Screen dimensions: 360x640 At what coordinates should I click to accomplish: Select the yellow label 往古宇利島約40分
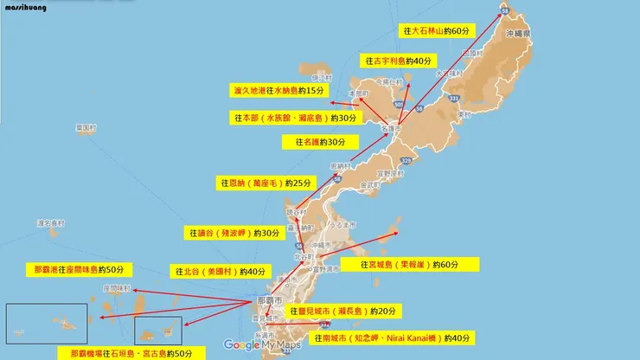pyautogui.click(x=397, y=61)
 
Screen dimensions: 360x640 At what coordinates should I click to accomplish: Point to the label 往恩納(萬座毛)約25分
pyautogui.click(x=266, y=183)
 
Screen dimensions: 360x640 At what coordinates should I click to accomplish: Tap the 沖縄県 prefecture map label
pyautogui.click(x=518, y=33)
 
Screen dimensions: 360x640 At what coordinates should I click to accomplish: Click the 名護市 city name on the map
pyautogui.click(x=391, y=128)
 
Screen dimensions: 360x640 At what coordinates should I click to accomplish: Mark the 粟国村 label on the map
pyautogui.click(x=86, y=127)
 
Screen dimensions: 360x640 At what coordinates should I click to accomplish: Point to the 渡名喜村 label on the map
pyautogui.click(x=51, y=223)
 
